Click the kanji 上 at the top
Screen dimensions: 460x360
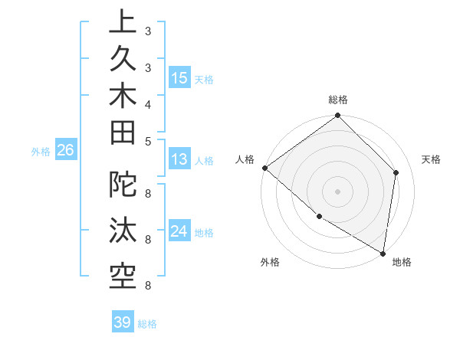tap(123, 22)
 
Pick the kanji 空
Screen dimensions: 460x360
tap(123, 273)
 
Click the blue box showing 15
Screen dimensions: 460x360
tap(179, 78)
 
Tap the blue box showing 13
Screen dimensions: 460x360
tap(179, 160)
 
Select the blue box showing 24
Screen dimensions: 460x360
tap(179, 231)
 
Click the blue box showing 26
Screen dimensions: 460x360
tap(65, 151)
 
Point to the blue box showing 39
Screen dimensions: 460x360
tap(123, 322)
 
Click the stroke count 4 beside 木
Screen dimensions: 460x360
tap(147, 104)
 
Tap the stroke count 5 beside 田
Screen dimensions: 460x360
tap(147, 141)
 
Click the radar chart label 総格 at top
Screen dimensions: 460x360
tap(338, 100)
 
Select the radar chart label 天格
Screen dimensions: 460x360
tap(431, 159)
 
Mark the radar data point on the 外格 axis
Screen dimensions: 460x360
tap(319, 217)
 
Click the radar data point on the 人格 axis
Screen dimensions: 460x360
tap(264, 168)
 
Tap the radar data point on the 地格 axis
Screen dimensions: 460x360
tap(382, 252)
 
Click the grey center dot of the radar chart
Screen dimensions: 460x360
tap(338, 191)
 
